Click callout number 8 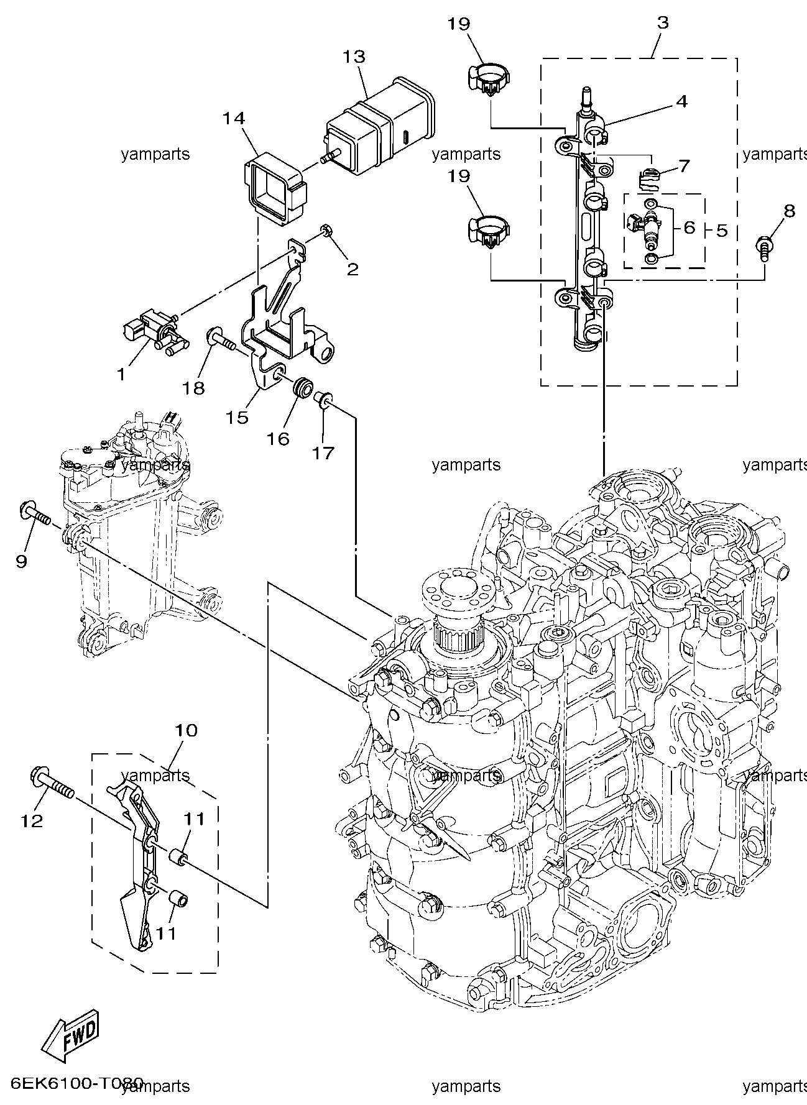coord(788,211)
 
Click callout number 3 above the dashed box coord(663,23)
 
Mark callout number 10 coord(187,730)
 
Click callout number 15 coord(237,417)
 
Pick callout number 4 coord(682,101)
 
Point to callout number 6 coord(689,228)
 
